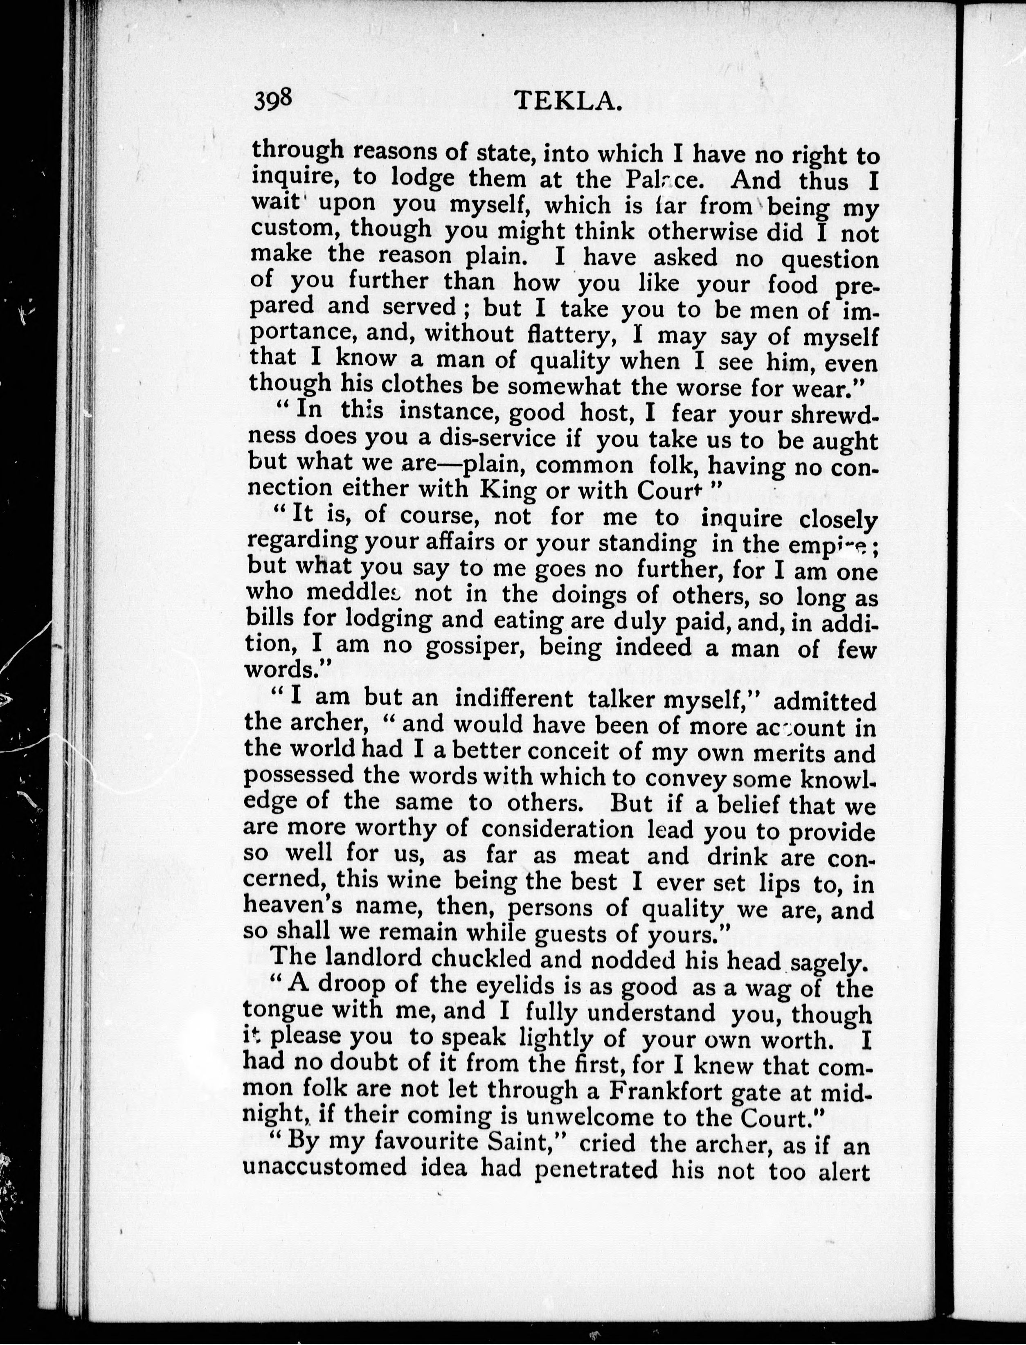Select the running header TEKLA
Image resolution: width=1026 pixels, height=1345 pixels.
[568, 101]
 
